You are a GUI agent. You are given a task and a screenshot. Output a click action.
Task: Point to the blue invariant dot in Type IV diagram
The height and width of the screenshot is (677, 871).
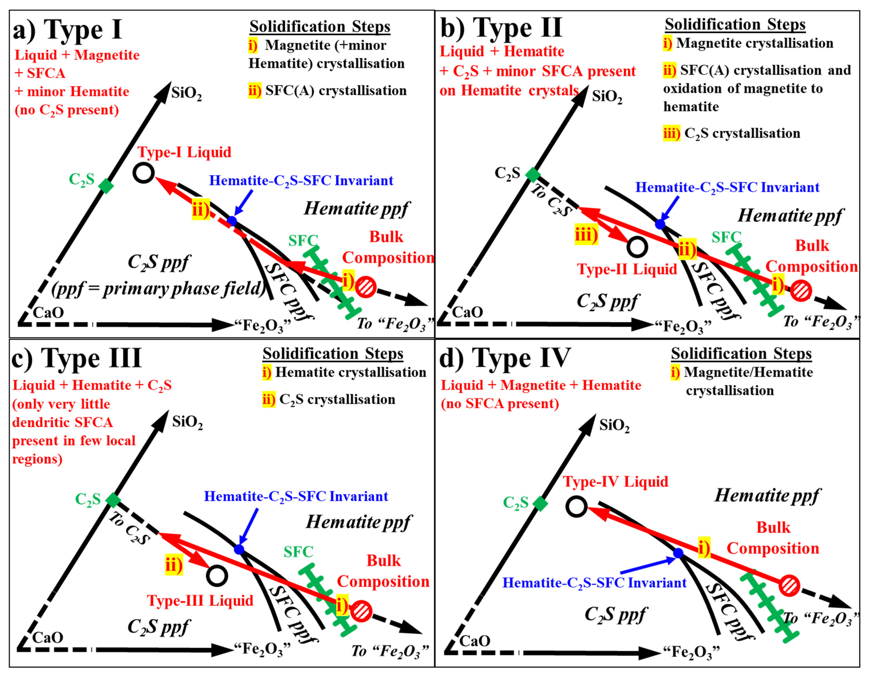coord(678,553)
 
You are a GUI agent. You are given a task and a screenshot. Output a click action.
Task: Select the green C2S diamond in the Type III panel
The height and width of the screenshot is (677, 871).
coord(113,500)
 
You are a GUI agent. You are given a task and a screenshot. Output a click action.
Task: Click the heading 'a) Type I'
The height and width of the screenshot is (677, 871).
coord(68,30)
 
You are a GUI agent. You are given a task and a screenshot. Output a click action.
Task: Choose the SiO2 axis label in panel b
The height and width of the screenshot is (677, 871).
coord(607,97)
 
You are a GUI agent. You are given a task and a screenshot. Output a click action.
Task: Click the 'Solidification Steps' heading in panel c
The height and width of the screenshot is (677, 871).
coord(333,354)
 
